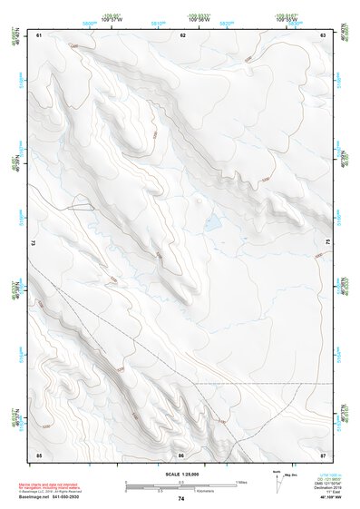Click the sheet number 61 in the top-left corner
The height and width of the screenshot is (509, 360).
[39, 34]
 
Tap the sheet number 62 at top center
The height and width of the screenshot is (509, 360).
[182, 34]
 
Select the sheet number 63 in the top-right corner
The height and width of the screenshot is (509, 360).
[324, 34]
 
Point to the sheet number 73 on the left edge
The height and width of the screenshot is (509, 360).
[34, 242]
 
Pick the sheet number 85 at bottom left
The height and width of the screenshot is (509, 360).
[39, 454]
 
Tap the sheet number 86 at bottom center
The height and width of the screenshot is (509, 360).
[181, 454]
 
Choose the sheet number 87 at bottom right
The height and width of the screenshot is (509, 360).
[324, 454]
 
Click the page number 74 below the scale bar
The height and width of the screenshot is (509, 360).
[181, 499]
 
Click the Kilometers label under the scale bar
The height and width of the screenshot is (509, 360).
[181, 491]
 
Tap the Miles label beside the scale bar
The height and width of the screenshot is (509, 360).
[241, 481]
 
